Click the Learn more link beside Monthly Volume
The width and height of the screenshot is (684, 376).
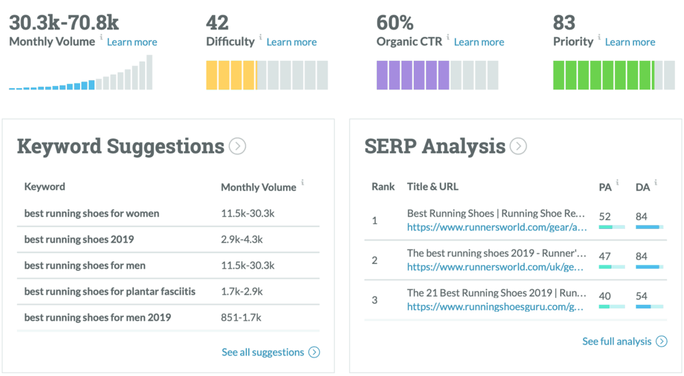[132, 42]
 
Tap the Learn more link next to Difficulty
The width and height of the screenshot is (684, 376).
[291, 42]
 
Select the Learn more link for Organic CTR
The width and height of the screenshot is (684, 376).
[479, 42]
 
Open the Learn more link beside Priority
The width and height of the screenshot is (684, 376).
[630, 42]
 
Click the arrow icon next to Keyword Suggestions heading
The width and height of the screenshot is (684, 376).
[237, 146]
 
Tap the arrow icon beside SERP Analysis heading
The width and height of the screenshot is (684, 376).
[518, 146]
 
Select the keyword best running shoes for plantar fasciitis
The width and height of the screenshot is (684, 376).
[109, 291]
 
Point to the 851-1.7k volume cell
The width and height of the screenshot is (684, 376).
[241, 317]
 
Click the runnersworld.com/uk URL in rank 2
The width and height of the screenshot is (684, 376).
[497, 267]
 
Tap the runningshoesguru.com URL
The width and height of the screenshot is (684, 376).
[497, 307]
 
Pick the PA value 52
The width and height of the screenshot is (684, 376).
[605, 217]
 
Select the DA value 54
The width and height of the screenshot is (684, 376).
[642, 295]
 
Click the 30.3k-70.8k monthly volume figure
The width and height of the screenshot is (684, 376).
[64, 23]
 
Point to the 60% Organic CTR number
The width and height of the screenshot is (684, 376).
[395, 23]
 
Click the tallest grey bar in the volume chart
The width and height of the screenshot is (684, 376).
[149, 72]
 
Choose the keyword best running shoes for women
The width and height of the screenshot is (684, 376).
[92, 213]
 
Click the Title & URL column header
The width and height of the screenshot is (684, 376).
[432, 187]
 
